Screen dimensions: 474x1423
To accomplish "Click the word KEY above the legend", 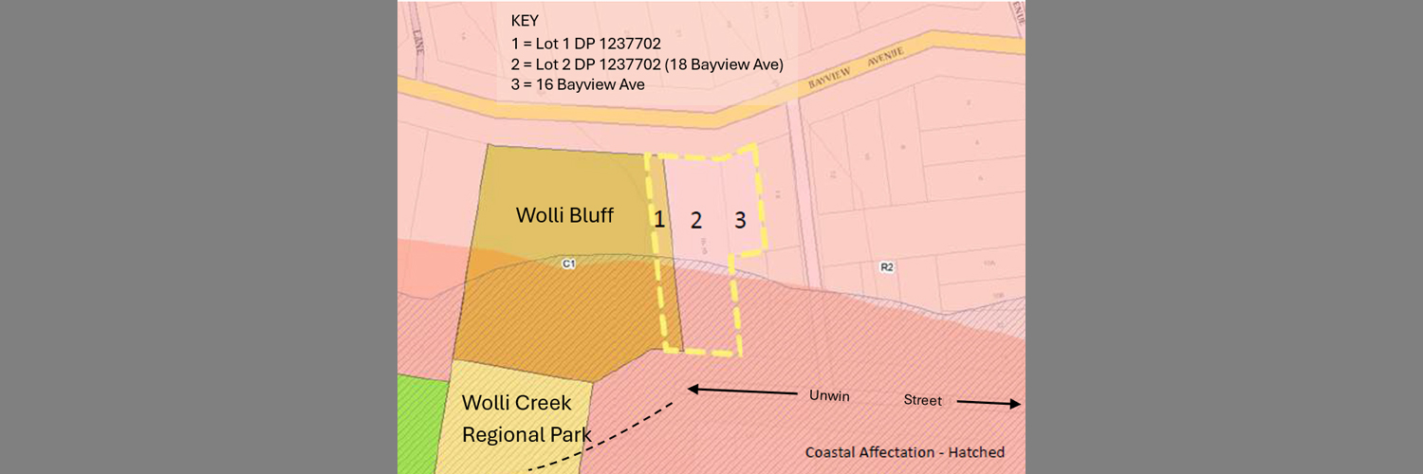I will tap(524, 20).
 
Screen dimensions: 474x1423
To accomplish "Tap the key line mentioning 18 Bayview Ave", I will tap(646, 64).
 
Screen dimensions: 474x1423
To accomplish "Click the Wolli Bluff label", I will tap(564, 215).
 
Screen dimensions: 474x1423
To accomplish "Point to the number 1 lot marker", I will tap(658, 220).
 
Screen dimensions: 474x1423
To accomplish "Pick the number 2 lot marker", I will tap(696, 221).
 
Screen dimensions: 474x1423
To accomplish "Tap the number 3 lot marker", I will tap(740, 220).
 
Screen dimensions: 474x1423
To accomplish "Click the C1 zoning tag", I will tap(568, 264).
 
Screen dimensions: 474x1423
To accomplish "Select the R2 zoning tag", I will tap(887, 267).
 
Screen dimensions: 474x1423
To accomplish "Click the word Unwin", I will tap(827, 394).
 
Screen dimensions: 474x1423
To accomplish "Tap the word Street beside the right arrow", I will tap(922, 401).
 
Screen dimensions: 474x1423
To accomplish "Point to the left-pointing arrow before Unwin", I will tap(740, 390).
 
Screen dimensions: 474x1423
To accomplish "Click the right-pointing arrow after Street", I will tap(989, 403).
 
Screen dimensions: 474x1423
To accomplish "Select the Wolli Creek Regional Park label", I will tap(525, 418).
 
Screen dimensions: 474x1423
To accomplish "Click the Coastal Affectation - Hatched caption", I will tap(904, 452).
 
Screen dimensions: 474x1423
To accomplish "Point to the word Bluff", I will tap(590, 215).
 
